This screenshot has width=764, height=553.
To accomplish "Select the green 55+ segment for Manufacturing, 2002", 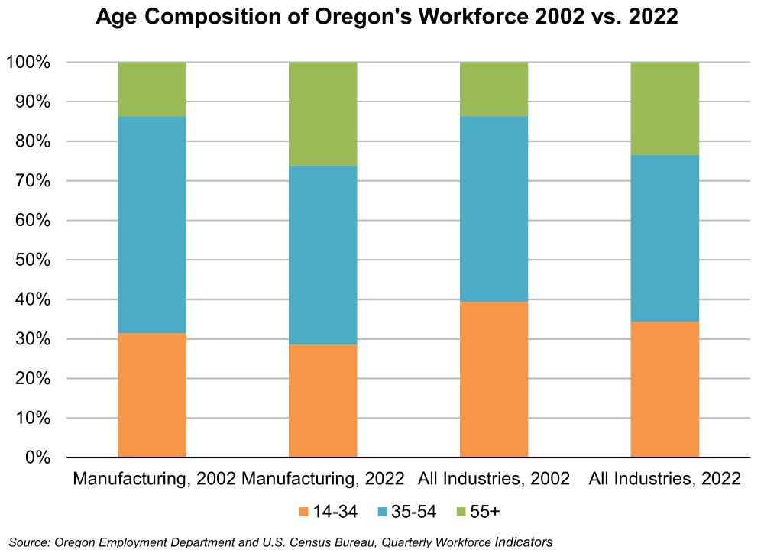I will click(152, 89).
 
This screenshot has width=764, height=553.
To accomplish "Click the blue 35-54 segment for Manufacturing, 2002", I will click(152, 225).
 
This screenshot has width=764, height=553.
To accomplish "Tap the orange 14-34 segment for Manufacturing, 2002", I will click(152, 395).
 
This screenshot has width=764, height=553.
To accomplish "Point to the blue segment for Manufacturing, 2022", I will click(322, 255).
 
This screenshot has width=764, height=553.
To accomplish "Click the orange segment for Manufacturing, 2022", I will click(322, 401).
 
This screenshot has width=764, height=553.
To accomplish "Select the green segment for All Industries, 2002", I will click(494, 89).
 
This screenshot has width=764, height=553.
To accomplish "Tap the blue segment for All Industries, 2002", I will click(494, 209).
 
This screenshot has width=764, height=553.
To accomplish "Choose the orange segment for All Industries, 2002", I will click(494, 380).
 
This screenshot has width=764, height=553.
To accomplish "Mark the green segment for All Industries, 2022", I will click(665, 108).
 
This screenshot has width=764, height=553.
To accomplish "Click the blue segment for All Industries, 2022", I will click(665, 238).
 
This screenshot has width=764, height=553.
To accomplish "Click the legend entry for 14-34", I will click(328, 511).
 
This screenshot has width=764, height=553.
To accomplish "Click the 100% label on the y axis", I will click(28, 63).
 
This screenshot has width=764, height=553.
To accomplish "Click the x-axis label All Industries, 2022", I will click(665, 480).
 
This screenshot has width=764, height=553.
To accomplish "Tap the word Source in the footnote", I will click(28, 542).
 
